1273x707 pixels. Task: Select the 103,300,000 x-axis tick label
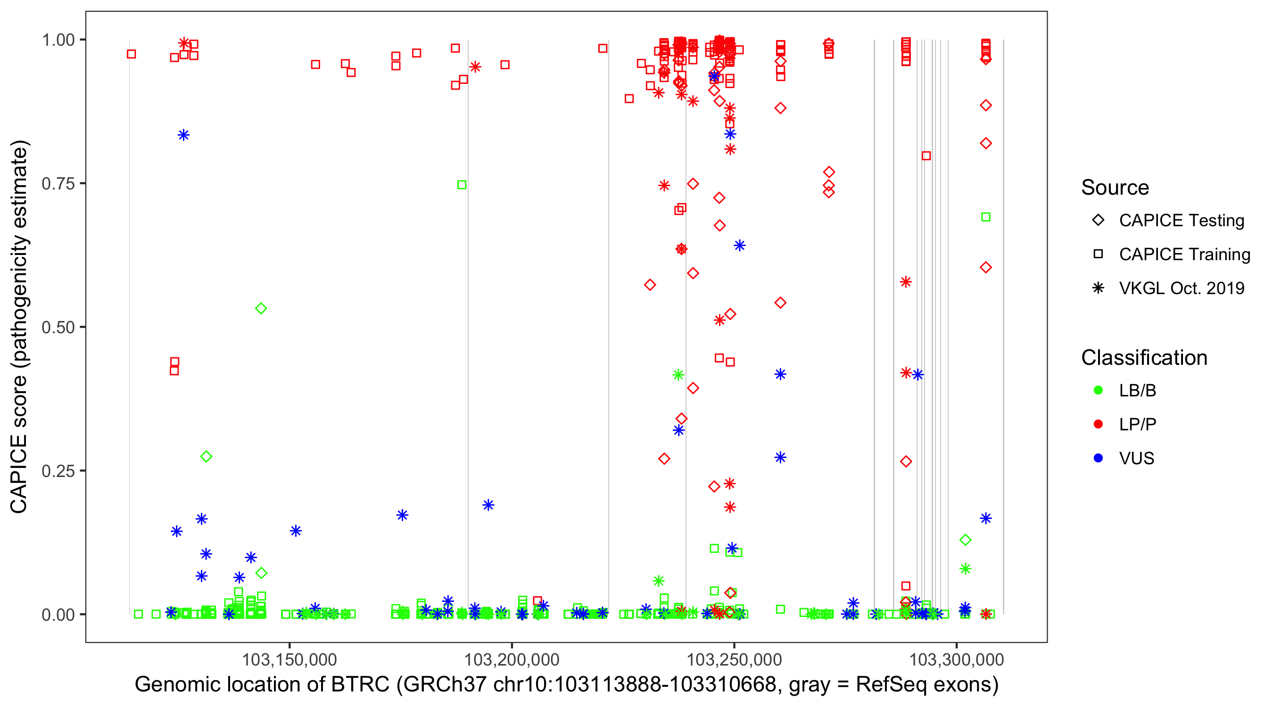[x=957, y=659]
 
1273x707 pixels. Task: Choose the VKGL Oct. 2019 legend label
[x=1182, y=288]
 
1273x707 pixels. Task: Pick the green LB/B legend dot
[x=1098, y=390]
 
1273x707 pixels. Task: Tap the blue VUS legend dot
[x=1098, y=458]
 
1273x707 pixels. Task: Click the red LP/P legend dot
[x=1098, y=424]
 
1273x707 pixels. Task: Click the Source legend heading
[x=1115, y=188]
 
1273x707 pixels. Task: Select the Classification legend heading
[x=1144, y=358]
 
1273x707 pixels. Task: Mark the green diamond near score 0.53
[x=261, y=309]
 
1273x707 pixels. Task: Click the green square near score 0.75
[x=462, y=185]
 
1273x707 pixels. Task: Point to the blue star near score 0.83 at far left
[x=183, y=135]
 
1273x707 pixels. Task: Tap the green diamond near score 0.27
[x=206, y=457]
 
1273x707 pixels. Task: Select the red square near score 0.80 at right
[x=926, y=156]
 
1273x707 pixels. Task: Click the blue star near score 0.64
[x=739, y=246]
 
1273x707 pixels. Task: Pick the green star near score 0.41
[x=678, y=375]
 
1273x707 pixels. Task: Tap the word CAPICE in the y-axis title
[x=19, y=474]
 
